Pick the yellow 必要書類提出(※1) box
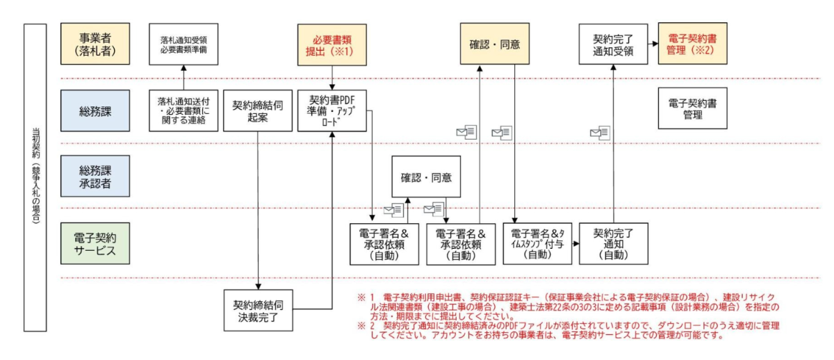coord(331,44)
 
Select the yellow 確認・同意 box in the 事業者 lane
coord(496,44)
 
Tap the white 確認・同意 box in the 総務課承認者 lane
coord(426,177)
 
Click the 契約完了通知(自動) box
coord(613,243)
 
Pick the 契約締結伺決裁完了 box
coord(258,311)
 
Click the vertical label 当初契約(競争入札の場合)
coord(35,177)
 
